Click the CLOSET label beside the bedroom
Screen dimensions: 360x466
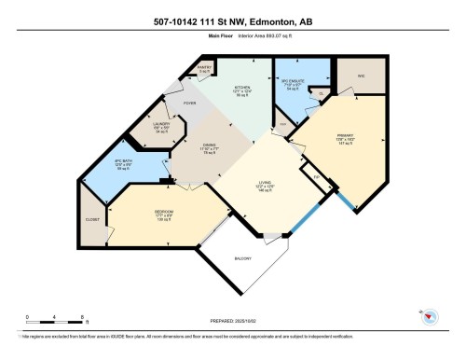coord(92,218)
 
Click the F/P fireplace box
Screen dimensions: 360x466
coord(316,177)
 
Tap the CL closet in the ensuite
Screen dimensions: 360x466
coord(322,93)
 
